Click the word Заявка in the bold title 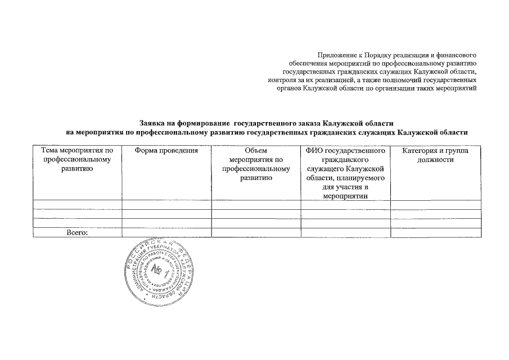coord(153,123)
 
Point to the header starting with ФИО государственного coord(345,173)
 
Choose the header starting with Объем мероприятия coord(256,164)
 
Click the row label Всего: coord(78,232)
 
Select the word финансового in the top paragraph coord(456,55)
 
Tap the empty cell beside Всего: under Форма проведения coord(167,232)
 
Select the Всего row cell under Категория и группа coord(436,232)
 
